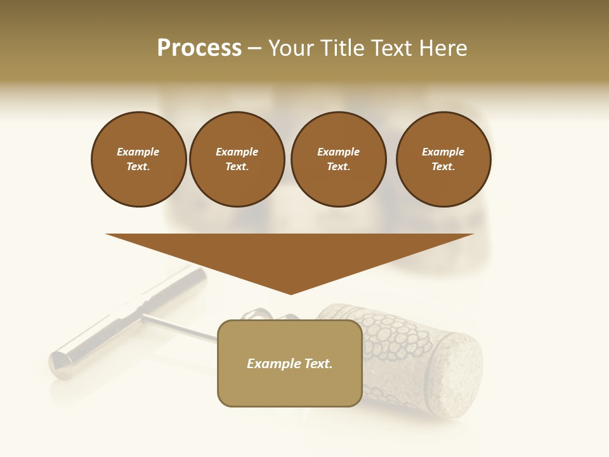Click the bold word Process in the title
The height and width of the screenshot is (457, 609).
199,48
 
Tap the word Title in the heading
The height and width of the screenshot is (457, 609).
341,48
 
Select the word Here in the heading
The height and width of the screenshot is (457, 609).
442,48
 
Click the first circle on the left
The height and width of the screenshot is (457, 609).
138,159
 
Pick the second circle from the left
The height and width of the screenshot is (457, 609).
237,159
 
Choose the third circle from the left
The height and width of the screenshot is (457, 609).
338,159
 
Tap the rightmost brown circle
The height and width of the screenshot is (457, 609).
443,159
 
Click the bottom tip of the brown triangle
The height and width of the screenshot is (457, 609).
291,292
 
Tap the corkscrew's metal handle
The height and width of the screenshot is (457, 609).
127,324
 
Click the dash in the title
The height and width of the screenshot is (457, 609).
254,48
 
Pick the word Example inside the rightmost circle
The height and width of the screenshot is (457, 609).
443,152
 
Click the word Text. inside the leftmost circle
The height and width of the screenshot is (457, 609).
138,166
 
